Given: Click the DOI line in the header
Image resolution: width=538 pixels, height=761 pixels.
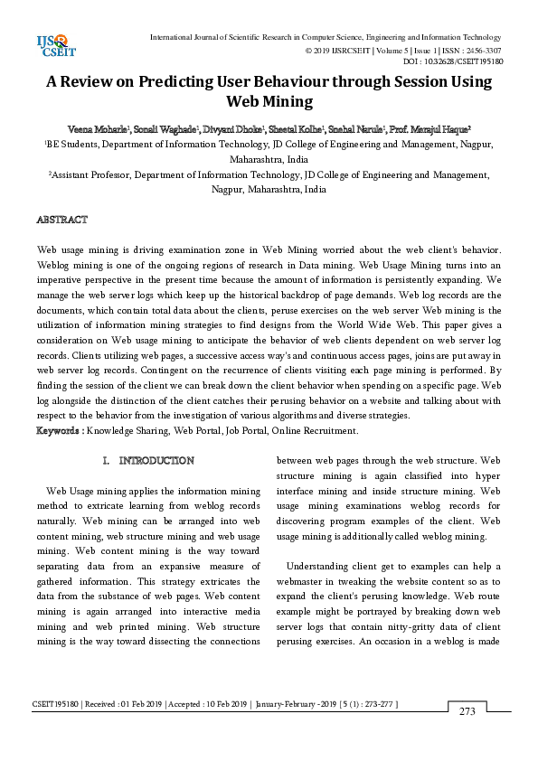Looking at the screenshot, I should [x=452, y=61].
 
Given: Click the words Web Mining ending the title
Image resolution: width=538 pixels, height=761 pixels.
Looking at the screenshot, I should [x=269, y=101].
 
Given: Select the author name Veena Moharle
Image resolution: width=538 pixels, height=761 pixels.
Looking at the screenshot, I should [x=99, y=129].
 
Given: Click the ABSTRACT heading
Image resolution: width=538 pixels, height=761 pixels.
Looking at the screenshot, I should [x=61, y=220].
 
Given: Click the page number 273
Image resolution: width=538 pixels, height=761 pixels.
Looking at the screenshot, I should [x=467, y=711].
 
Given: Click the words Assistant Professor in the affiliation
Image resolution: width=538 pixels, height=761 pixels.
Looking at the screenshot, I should [x=90, y=175].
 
